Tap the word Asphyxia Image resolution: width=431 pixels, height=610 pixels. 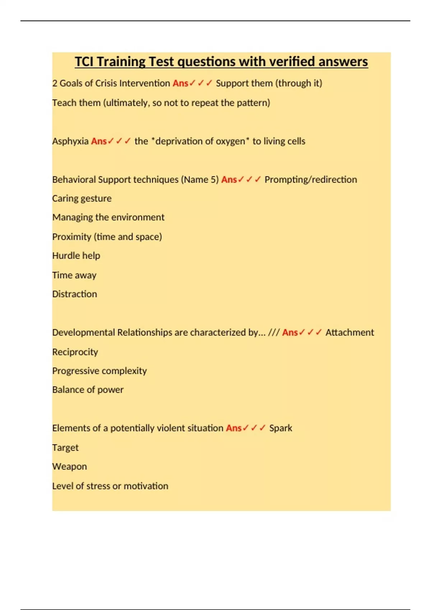(x=70, y=141)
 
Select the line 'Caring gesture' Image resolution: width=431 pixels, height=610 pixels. (x=82, y=198)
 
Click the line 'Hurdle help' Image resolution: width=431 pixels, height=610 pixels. (x=76, y=255)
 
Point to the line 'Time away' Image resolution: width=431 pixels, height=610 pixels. (x=74, y=275)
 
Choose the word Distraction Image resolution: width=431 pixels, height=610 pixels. (x=75, y=294)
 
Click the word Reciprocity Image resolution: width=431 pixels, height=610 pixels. (x=75, y=352)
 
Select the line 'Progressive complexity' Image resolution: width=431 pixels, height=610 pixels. (x=99, y=371)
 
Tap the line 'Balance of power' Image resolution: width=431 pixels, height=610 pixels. (x=88, y=390)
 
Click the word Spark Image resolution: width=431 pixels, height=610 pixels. (x=281, y=428)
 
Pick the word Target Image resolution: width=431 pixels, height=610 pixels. (x=65, y=447)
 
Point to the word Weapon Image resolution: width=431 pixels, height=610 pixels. (x=70, y=466)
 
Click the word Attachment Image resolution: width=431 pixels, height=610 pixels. (x=349, y=332)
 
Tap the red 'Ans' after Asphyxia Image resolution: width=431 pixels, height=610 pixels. (x=99, y=141)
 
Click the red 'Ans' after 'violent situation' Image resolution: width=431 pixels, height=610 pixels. (x=233, y=428)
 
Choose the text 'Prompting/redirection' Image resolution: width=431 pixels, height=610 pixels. (x=311, y=179)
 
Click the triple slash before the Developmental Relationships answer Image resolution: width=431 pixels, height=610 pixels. (x=274, y=332)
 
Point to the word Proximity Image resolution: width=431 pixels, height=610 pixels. (x=72, y=237)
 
